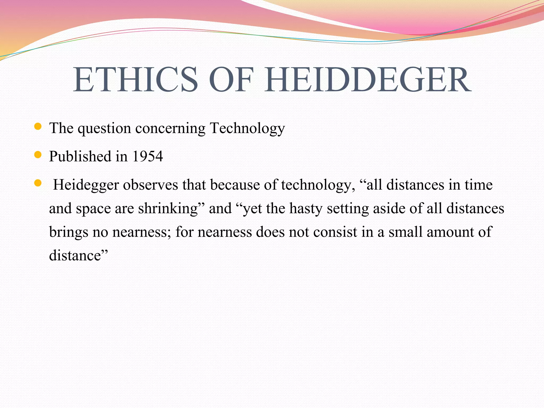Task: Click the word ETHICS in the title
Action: pyautogui.click(x=135, y=80)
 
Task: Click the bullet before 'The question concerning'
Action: pyautogui.click(x=38, y=126)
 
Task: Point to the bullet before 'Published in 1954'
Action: pyautogui.click(x=38, y=155)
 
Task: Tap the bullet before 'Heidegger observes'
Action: pyautogui.click(x=38, y=183)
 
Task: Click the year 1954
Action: pyautogui.click(x=147, y=156)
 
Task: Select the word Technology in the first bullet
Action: pyautogui.click(x=247, y=128)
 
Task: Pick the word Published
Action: pyautogui.click(x=80, y=156)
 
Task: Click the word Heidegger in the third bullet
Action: pyautogui.click(x=86, y=185)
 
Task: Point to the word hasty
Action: pyautogui.click(x=306, y=208)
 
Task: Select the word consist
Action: pyautogui.click(x=335, y=232)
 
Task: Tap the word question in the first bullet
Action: pyautogui.click(x=104, y=129)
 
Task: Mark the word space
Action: pyautogui.click(x=93, y=209)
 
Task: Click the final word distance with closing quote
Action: pyautogui.click(x=79, y=255)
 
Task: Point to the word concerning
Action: pyautogui.click(x=170, y=129)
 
